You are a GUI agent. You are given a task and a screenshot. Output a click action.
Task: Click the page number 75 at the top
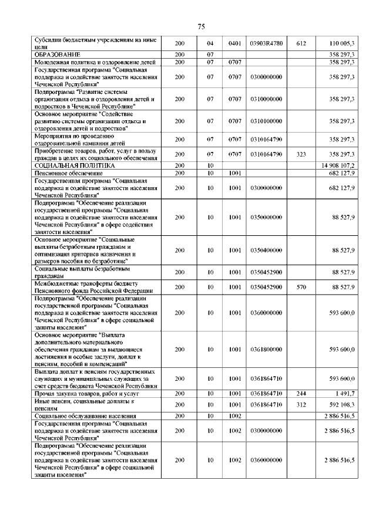coord(200,26)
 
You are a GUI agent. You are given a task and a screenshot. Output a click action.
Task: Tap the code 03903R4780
coord(266,43)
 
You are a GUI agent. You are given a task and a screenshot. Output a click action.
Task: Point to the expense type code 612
coord(301,43)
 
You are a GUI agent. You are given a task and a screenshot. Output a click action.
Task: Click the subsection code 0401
coord(236,43)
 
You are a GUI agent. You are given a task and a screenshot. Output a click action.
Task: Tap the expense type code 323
coord(301,154)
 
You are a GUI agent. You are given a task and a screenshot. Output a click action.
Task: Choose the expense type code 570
coord(301,287)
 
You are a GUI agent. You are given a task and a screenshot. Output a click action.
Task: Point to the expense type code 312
coord(301,404)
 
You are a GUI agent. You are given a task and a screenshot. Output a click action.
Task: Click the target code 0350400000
coord(266,250)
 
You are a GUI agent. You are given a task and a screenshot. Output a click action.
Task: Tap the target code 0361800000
coord(266,349)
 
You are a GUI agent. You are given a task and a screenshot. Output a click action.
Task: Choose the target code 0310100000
coord(266,121)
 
